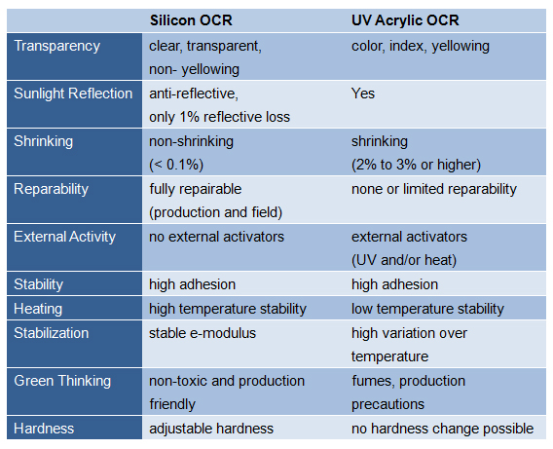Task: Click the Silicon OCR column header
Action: point(191,20)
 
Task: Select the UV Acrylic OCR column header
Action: point(405,20)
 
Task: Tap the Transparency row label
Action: point(57,47)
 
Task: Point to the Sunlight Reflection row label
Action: point(73,94)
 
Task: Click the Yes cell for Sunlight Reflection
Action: point(363,94)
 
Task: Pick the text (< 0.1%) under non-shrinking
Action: point(176,165)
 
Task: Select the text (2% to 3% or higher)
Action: point(416,165)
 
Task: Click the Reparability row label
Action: point(52,189)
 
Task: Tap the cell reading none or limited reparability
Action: point(434,189)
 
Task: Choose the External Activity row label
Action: point(65,237)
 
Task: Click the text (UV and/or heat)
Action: point(404,260)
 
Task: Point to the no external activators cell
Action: point(216,237)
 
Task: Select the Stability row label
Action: point(39,284)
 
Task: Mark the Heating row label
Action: point(38,309)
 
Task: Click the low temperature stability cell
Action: point(427,309)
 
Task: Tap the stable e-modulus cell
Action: point(203,333)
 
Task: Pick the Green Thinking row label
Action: point(62,381)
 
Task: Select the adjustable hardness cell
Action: point(211,429)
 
